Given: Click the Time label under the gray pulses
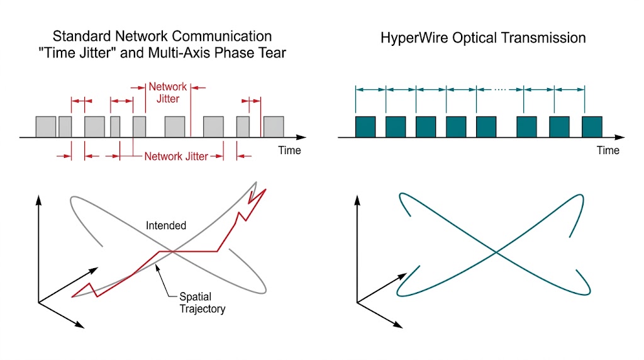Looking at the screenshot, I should [289, 150].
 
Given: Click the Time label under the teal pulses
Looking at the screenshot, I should [608, 150].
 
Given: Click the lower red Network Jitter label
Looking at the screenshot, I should [176, 156].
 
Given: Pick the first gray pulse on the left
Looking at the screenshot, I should [46, 127].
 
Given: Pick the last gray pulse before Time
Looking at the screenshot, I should [274, 127].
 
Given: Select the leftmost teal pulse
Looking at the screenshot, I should [365, 127].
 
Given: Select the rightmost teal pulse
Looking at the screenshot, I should [592, 127].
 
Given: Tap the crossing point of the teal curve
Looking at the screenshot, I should [497, 252].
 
